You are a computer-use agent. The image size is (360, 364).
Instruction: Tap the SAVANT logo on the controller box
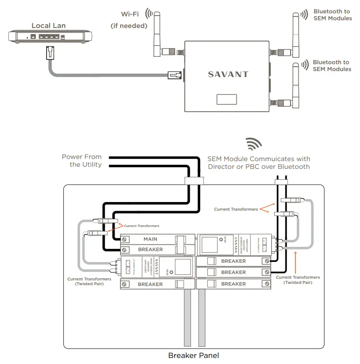(x=228, y=74)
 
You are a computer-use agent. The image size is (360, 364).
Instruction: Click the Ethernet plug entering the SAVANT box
(x=175, y=76)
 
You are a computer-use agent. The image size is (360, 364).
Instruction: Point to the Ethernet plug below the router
(x=50, y=54)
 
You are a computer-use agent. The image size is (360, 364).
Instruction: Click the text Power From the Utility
(x=81, y=161)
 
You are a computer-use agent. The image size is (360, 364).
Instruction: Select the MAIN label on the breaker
(x=150, y=239)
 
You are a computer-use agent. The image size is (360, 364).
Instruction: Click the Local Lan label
(x=48, y=25)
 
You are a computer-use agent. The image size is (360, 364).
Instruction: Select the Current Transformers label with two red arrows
(x=236, y=209)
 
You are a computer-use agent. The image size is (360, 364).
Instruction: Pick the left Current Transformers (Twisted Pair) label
(x=89, y=281)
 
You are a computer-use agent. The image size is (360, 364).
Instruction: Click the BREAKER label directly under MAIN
(x=150, y=249)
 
